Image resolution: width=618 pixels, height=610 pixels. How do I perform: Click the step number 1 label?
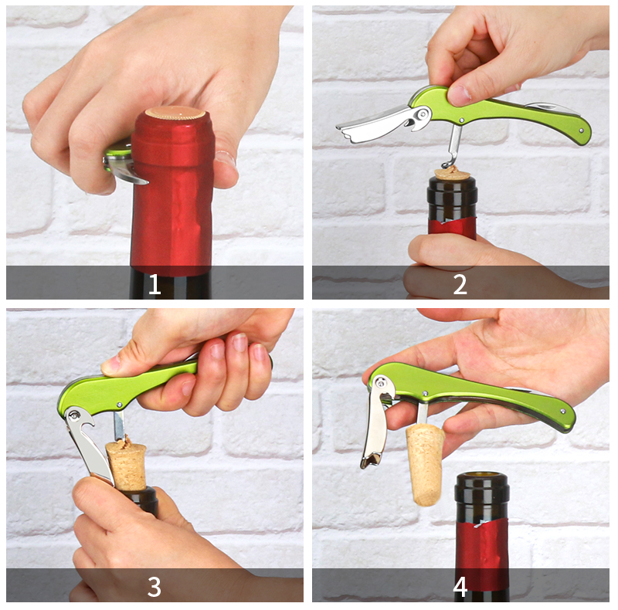[x=154, y=284]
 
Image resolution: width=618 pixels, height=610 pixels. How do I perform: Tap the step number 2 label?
[x=460, y=284]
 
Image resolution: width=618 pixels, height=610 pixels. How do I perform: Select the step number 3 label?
[x=154, y=587]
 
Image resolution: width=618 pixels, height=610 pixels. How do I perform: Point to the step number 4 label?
[x=460, y=587]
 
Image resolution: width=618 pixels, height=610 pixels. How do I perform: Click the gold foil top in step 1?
[x=175, y=113]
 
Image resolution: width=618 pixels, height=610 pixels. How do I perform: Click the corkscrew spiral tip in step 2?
[x=447, y=164]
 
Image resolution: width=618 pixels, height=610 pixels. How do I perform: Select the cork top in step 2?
[x=452, y=173]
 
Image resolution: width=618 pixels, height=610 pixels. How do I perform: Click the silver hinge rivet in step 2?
[x=422, y=114]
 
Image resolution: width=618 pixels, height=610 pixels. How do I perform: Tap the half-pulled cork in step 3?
[x=127, y=466]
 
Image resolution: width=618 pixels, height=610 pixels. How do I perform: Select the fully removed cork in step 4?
[x=425, y=465]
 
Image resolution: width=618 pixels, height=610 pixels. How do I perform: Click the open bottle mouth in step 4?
[x=481, y=477]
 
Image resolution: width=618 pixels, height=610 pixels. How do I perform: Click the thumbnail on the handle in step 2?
[x=460, y=94]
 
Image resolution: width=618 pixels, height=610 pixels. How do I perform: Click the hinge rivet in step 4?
[x=380, y=382]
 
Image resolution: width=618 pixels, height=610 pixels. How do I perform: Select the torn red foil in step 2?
[x=452, y=227]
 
